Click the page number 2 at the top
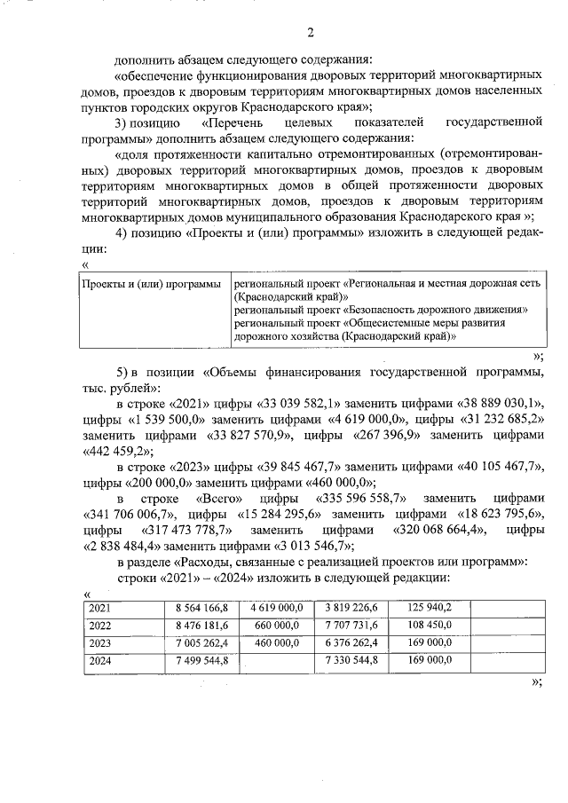[311, 34]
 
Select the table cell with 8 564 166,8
[201, 608]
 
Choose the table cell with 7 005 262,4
[201, 642]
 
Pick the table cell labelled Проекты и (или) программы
[151, 283]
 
